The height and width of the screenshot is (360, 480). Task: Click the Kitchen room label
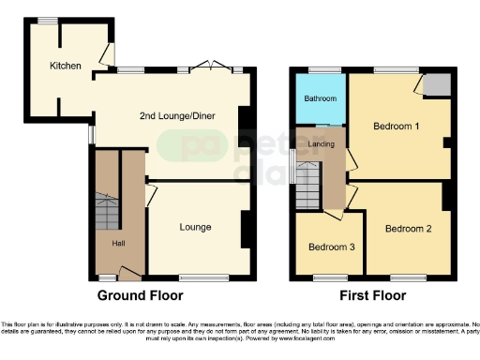click(66, 66)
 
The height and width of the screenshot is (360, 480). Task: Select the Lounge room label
click(195, 227)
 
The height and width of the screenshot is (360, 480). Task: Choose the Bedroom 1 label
click(396, 127)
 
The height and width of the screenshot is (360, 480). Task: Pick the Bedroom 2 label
click(408, 229)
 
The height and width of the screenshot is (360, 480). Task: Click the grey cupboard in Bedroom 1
click(435, 85)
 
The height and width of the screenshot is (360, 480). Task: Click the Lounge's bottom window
click(198, 277)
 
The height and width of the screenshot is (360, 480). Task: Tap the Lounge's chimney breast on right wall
click(246, 228)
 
